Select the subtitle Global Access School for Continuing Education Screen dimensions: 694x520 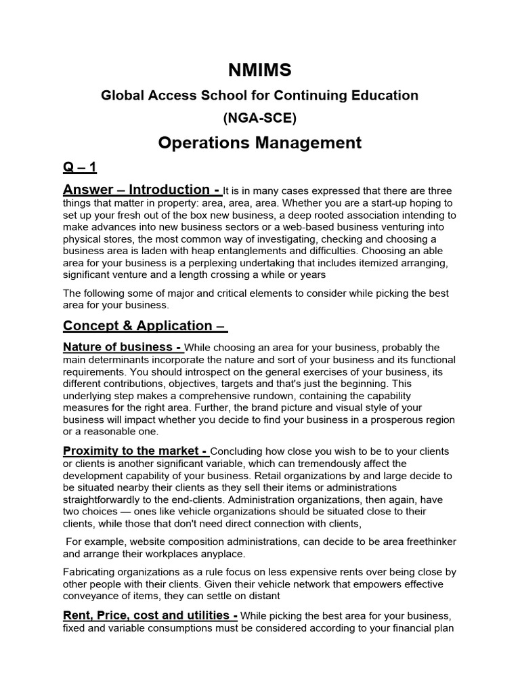pos(259,96)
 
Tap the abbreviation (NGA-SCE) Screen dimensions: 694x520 pos(259,118)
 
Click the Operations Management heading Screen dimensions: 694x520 pos(259,142)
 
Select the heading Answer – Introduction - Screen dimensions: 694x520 pos(142,190)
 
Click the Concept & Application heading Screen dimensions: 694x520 pos(145,325)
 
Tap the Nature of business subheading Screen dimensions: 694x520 pos(123,348)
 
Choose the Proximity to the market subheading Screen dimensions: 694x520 pos(135,451)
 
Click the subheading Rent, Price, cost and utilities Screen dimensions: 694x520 pos(150,615)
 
